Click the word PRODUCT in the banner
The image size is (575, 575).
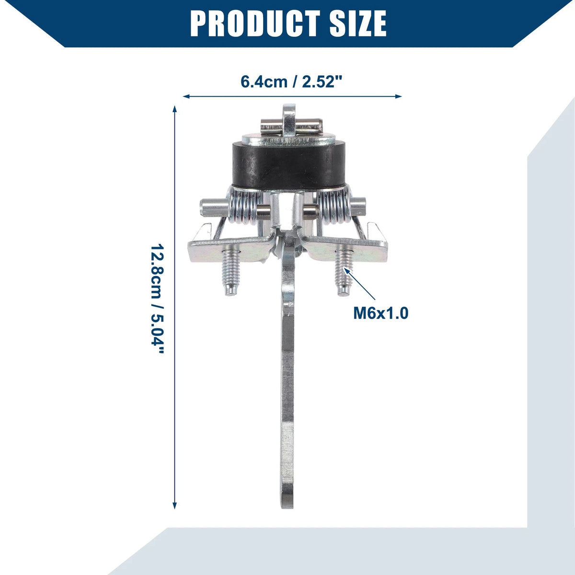click(x=255, y=23)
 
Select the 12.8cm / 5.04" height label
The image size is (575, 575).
click(x=157, y=299)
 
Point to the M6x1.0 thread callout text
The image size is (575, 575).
click(x=381, y=313)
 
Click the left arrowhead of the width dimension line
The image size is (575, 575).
click(x=186, y=96)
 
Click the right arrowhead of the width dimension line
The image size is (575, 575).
click(x=398, y=96)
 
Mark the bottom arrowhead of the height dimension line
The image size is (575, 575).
click(x=175, y=506)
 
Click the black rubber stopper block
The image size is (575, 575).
click(x=288, y=166)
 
